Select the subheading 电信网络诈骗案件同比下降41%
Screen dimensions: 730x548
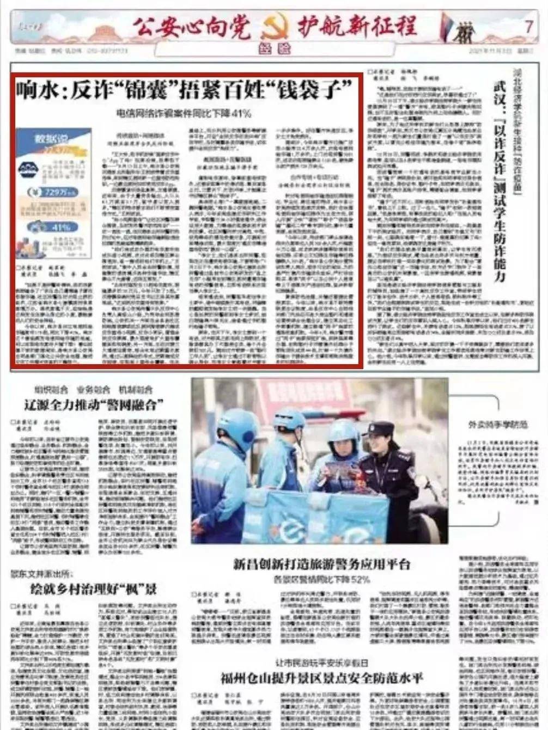[183, 114]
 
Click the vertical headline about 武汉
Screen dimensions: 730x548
[497, 180]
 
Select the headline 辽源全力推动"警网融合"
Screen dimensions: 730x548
[93, 404]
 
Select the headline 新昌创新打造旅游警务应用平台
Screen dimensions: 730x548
[321, 564]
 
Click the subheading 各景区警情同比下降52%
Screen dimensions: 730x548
[321, 579]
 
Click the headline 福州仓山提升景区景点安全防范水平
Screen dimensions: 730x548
[321, 678]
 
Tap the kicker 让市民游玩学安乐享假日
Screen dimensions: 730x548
[321, 662]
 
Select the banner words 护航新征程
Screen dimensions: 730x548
[357, 26]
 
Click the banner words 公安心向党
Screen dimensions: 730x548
[191, 26]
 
